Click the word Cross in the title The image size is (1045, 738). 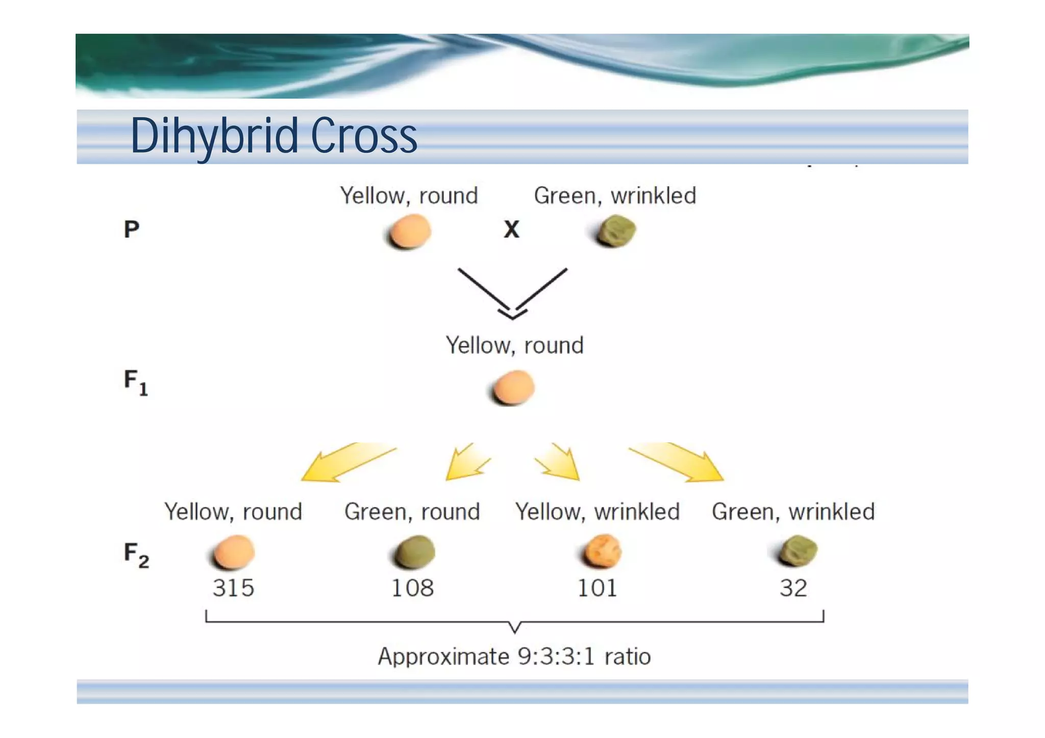click(x=364, y=136)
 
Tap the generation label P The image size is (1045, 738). click(x=132, y=229)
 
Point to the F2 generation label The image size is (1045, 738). click(x=136, y=554)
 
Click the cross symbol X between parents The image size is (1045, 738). click(x=511, y=230)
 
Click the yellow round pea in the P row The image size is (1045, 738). click(x=409, y=232)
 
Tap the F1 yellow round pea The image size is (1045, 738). click(x=514, y=388)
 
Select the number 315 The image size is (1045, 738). click(x=233, y=588)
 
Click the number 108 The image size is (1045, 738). click(x=412, y=588)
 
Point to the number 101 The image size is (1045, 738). click(x=597, y=588)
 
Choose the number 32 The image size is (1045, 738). click(x=793, y=588)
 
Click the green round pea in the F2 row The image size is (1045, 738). click(x=414, y=552)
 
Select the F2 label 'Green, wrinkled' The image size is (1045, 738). click(x=793, y=512)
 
